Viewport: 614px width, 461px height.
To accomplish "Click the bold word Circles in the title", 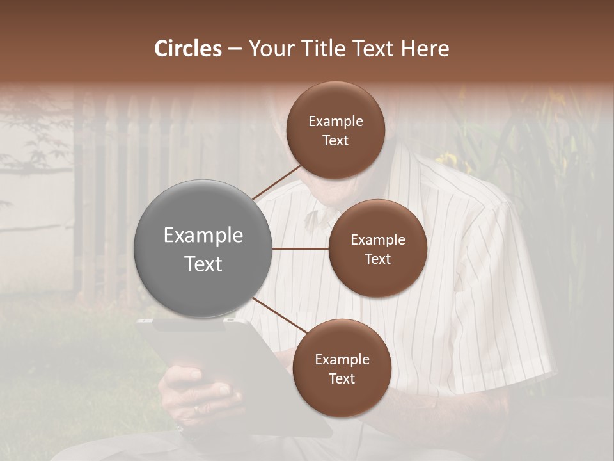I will [x=188, y=49].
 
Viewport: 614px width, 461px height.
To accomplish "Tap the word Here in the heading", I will [x=425, y=49].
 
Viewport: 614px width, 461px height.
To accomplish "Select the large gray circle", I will [x=203, y=248].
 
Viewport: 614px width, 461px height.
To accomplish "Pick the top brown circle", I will [x=336, y=130].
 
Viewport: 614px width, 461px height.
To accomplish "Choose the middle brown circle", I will [x=377, y=248].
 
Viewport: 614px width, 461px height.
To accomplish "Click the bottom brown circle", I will [x=342, y=368].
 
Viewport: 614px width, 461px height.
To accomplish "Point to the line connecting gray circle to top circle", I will [x=277, y=182].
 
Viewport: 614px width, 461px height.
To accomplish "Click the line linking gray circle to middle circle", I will [x=300, y=248].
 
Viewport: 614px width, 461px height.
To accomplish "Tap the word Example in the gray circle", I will [x=203, y=236].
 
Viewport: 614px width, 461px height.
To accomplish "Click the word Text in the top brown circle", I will [x=336, y=140].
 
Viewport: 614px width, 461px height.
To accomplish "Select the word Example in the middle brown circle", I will [x=377, y=239].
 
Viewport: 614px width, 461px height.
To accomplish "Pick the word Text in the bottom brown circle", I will [x=342, y=378].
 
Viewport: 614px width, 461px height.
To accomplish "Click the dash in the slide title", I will [x=235, y=49].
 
